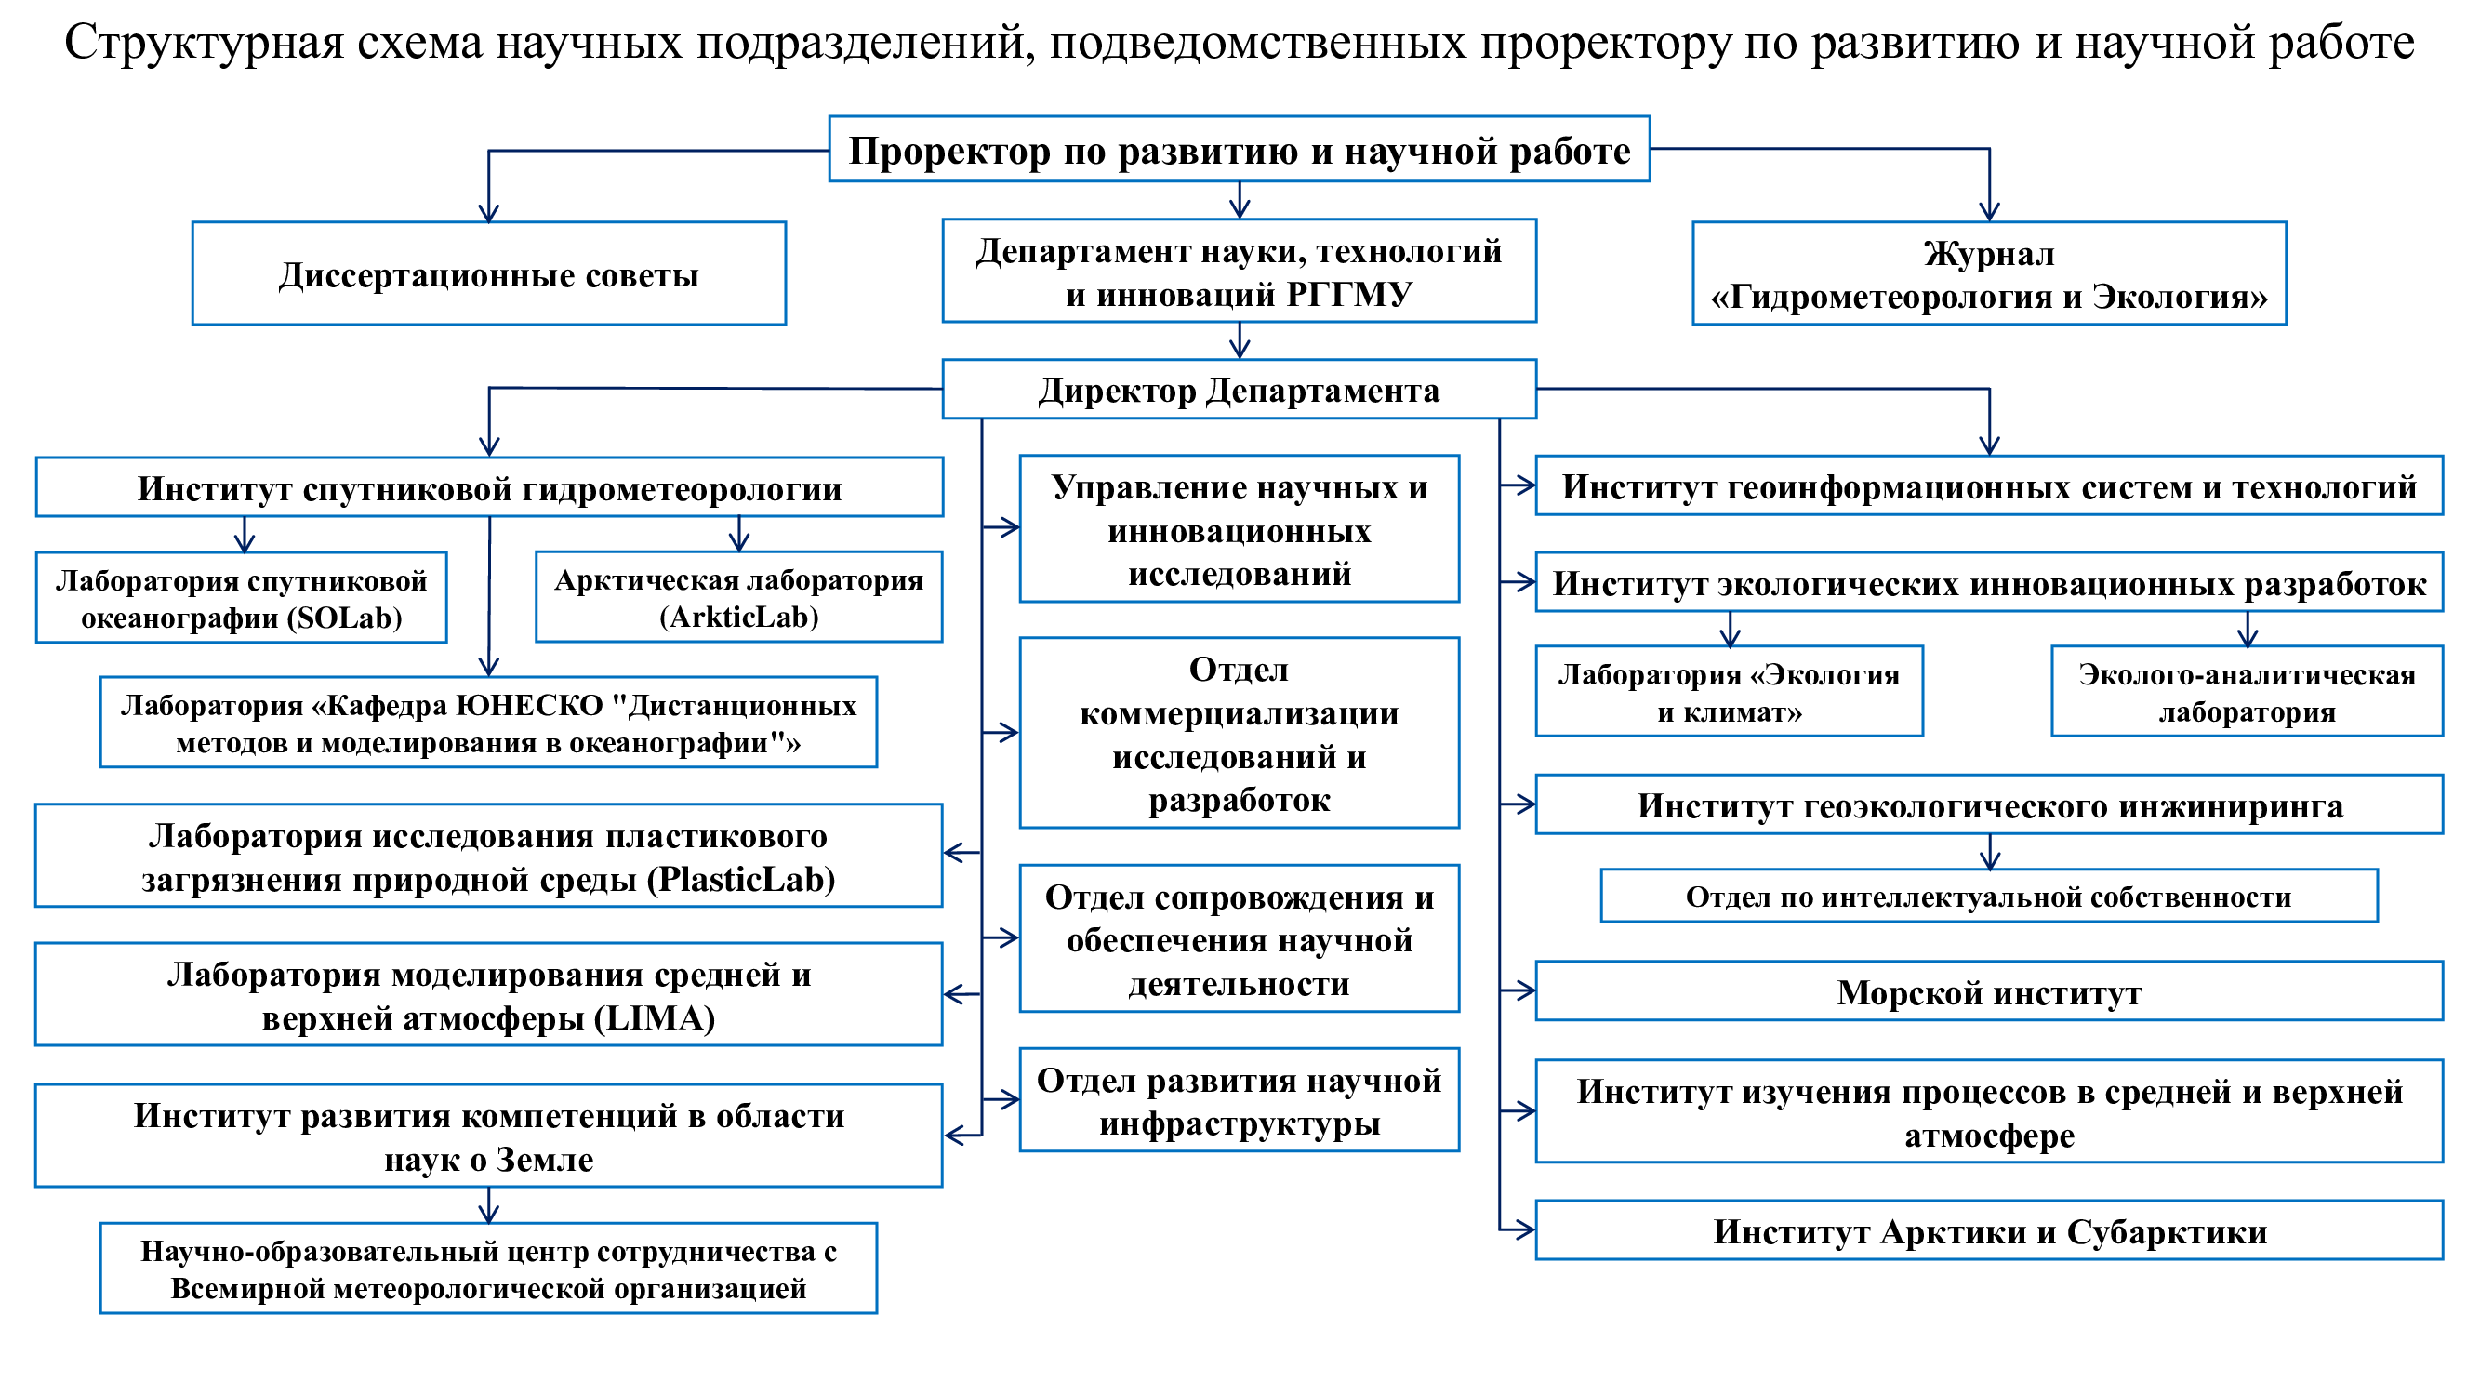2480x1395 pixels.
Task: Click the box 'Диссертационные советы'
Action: (x=489, y=273)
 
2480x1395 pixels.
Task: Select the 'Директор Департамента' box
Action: (x=1239, y=389)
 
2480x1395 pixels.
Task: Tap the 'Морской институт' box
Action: (x=1989, y=990)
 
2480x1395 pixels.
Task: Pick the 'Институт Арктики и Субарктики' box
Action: (x=1989, y=1229)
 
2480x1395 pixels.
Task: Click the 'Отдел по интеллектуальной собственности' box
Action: (x=1989, y=897)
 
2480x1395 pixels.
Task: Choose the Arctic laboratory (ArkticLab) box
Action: (x=738, y=597)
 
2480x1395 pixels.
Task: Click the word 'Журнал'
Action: (x=1989, y=253)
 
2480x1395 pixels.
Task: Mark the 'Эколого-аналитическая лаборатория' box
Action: (x=2247, y=691)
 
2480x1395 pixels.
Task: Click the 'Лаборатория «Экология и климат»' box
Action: (x=1729, y=691)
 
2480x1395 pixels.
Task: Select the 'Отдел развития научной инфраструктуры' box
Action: (x=1239, y=1099)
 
